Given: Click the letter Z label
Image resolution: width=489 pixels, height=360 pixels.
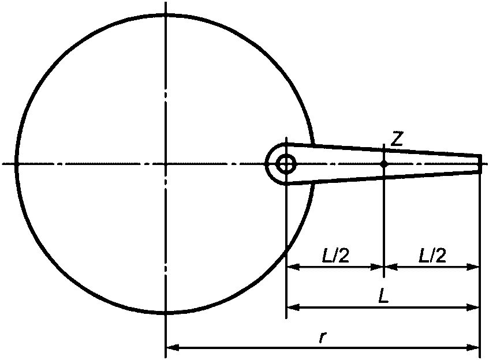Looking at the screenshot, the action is tap(397, 138).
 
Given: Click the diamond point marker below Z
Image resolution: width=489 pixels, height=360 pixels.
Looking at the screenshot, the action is tap(384, 164).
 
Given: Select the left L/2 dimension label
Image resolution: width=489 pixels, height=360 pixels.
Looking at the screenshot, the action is tap(335, 255).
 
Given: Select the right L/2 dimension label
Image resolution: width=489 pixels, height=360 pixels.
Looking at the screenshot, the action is tap(432, 255).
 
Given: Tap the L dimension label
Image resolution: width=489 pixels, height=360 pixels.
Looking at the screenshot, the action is tap(383, 295).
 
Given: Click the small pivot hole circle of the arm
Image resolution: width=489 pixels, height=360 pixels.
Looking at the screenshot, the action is tap(286, 164).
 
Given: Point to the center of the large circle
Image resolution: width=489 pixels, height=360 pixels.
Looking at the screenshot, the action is tap(166, 164).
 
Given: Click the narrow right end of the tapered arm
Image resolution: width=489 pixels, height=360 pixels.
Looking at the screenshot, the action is tap(480, 164).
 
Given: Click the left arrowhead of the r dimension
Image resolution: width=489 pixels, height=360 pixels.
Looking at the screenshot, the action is tap(173, 347).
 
